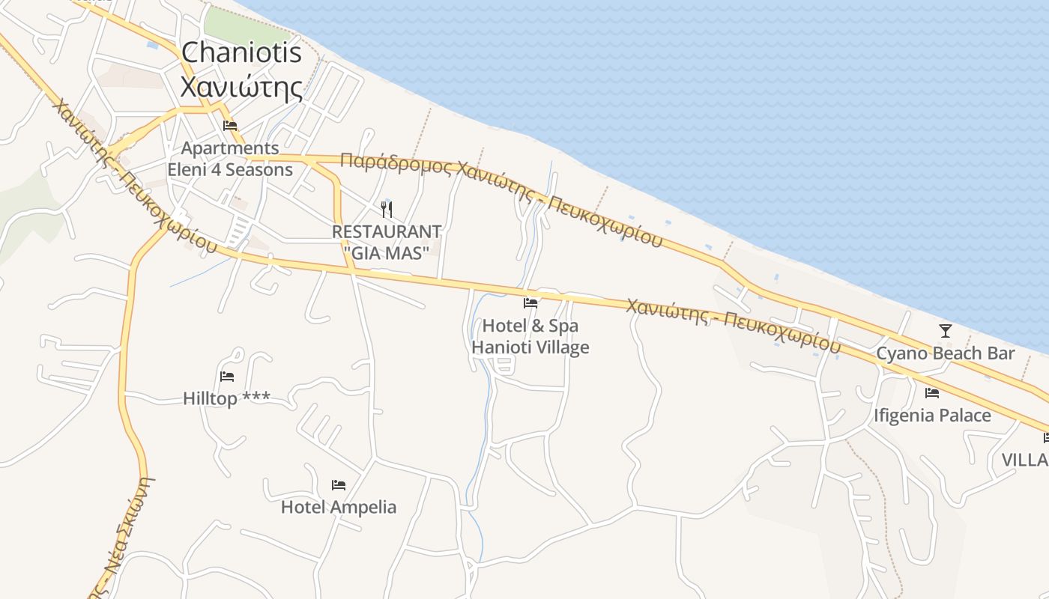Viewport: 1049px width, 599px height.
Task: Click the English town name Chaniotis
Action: pos(241,52)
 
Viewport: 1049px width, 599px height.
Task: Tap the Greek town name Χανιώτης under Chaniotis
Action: pos(241,87)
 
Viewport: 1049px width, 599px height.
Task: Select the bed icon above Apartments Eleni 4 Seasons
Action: pos(230,125)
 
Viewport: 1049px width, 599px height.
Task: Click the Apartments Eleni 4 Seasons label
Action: pos(230,159)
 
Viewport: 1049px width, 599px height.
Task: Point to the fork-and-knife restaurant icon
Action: pos(387,209)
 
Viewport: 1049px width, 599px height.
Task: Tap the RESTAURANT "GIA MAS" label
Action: pos(387,243)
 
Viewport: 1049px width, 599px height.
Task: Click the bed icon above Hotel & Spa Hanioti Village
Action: pos(530,303)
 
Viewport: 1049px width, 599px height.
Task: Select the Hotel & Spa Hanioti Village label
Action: pos(530,337)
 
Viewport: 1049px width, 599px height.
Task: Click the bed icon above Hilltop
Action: pos(227,376)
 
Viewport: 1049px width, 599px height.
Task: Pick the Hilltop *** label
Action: pos(227,398)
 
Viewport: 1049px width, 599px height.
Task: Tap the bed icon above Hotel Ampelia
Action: pos(339,485)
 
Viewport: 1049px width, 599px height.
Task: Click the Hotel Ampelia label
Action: pos(339,508)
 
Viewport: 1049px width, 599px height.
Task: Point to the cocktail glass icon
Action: pos(946,330)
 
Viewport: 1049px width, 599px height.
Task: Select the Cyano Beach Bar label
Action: pos(946,353)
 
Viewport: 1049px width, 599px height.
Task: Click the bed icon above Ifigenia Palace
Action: pos(932,392)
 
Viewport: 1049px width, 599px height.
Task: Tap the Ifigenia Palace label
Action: pos(932,416)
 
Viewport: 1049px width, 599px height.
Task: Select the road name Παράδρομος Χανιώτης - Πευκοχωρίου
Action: pos(501,199)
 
